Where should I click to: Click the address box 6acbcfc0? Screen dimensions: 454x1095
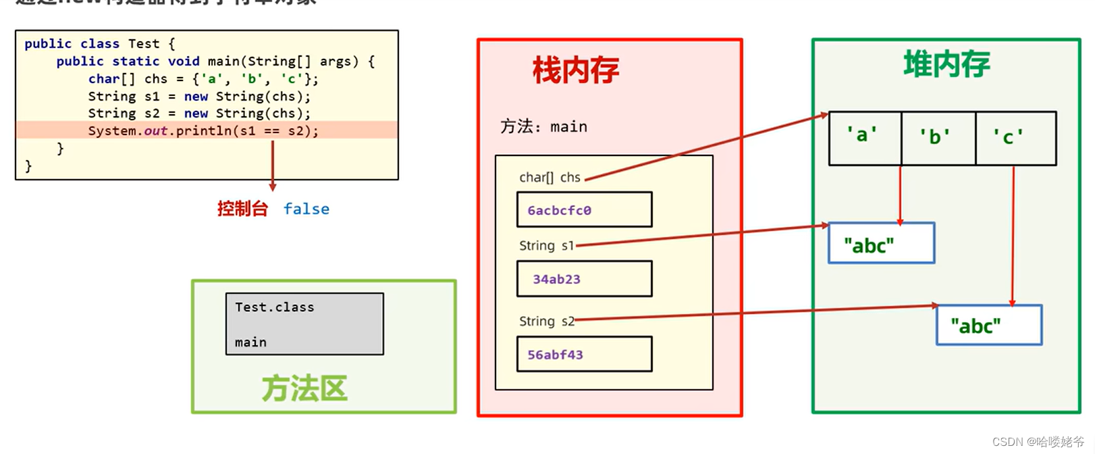click(x=584, y=209)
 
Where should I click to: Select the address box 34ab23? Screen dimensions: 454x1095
click(x=584, y=278)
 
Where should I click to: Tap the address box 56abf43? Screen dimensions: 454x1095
click(x=584, y=354)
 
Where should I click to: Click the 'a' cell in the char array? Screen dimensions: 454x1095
click(x=865, y=138)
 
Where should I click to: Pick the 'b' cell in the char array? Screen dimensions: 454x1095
click(x=938, y=138)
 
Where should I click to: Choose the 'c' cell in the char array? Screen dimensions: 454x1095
click(x=1015, y=138)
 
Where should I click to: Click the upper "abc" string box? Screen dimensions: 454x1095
click(x=881, y=243)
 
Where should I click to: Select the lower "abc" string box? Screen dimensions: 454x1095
click(x=988, y=326)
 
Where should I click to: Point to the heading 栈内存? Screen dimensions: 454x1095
click(x=575, y=70)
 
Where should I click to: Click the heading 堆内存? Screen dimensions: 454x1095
click(x=946, y=65)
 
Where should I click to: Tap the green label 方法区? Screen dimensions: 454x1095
click(x=304, y=388)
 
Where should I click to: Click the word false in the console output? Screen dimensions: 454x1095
click(x=306, y=209)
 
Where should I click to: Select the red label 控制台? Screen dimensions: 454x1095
click(x=242, y=209)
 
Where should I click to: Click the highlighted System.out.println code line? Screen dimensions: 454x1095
click(x=203, y=130)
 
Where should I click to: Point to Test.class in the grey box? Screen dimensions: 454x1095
click(x=274, y=307)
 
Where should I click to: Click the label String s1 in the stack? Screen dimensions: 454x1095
click(x=546, y=246)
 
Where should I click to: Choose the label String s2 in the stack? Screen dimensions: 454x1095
click(x=546, y=322)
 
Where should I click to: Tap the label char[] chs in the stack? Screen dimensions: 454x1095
click(x=550, y=178)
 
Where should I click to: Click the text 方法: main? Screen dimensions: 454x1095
click(x=543, y=127)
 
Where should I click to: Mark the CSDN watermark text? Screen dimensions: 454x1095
click(x=1038, y=442)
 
